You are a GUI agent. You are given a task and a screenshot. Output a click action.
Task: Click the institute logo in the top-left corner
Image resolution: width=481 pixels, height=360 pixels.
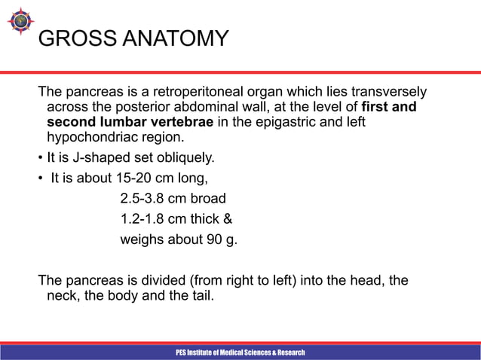18,23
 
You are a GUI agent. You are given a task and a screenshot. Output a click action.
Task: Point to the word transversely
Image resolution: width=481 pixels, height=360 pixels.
388,92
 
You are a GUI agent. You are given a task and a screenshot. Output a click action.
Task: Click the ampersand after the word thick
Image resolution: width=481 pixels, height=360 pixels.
228,220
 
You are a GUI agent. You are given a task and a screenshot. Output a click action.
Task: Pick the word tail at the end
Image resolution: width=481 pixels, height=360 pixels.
200,296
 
